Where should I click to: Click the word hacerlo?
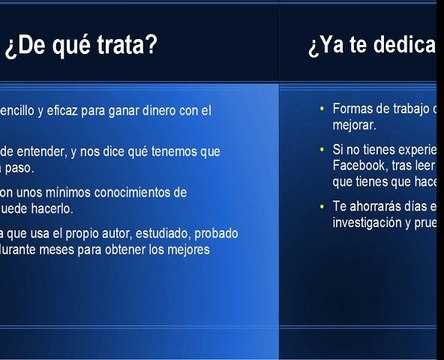(52, 209)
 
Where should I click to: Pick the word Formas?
(355, 109)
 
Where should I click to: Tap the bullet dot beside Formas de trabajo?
(320, 108)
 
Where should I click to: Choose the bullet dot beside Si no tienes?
(320, 149)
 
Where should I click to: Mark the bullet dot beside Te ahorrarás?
(320, 206)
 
